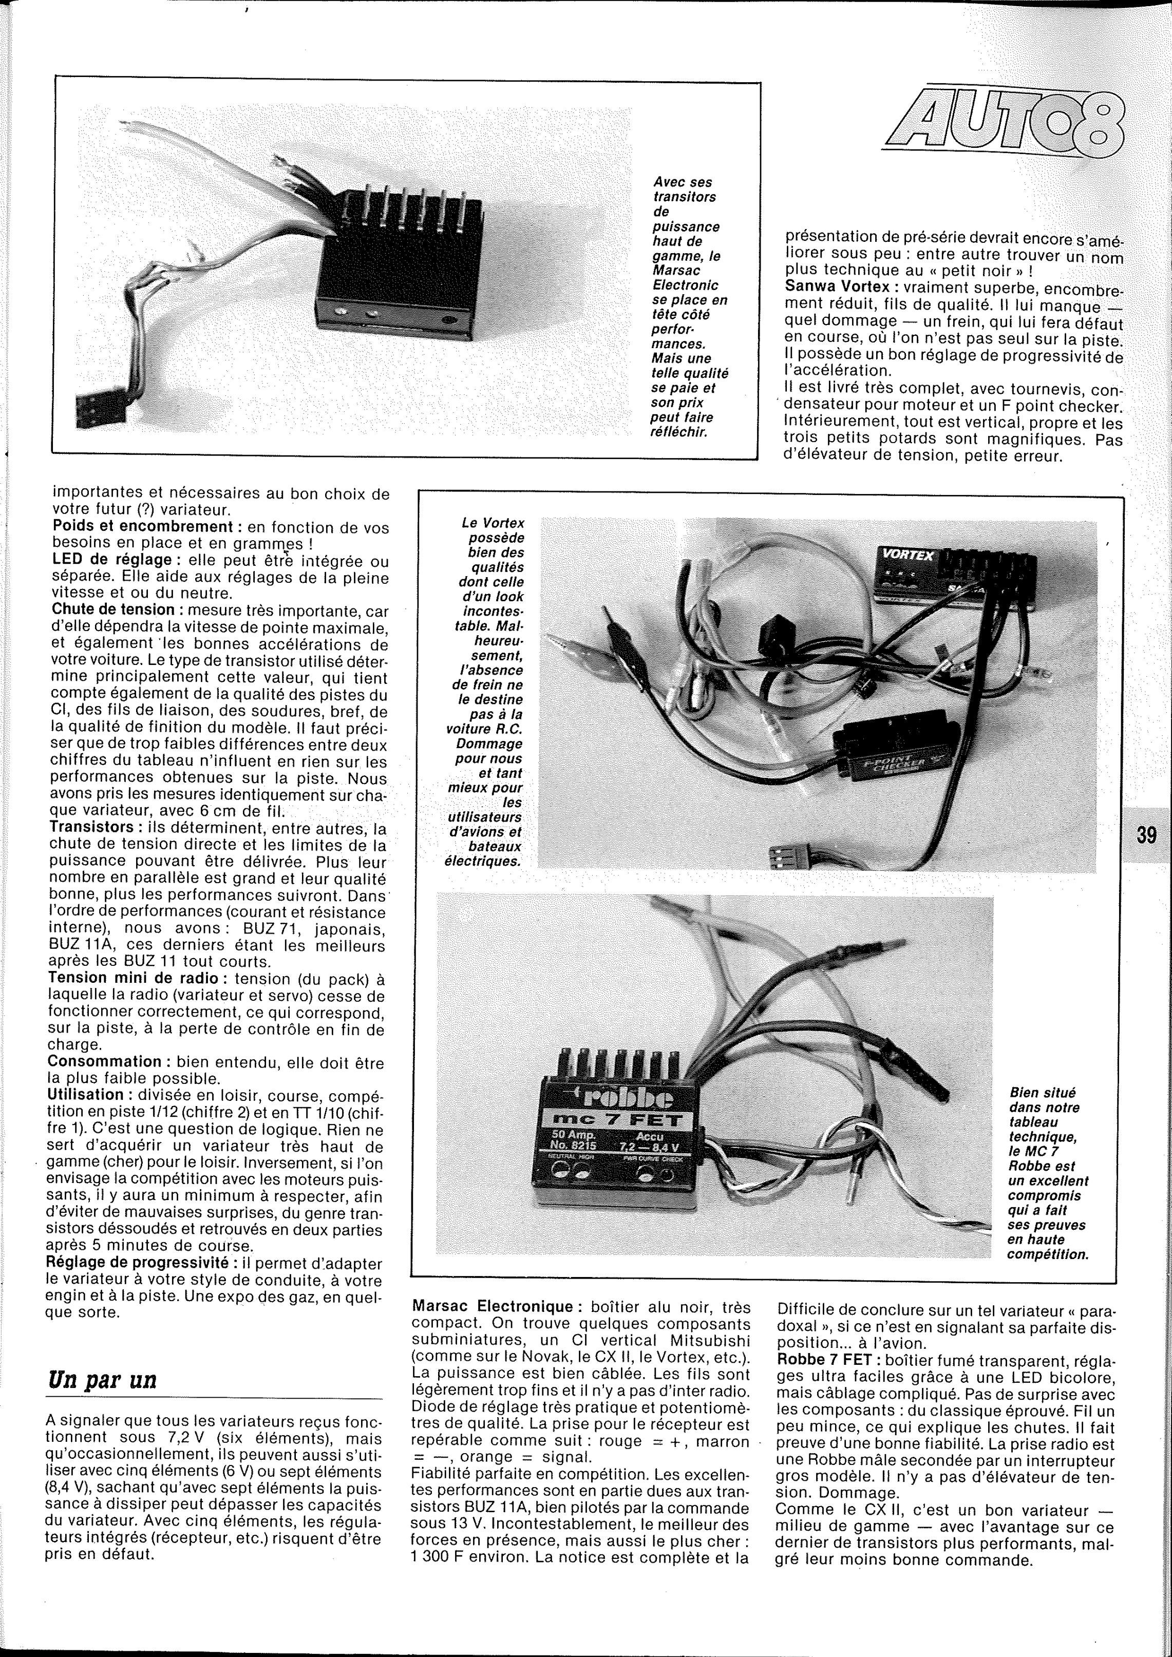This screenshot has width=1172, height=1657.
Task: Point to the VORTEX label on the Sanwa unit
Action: [907, 555]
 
